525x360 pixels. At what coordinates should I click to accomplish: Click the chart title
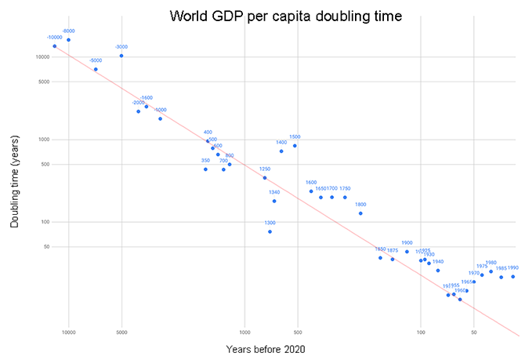tap(268, 16)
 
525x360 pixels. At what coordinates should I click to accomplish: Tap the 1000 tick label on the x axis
tap(244, 333)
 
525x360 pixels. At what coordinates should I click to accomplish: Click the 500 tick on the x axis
tap(297, 333)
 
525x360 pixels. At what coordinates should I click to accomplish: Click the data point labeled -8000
tap(68, 40)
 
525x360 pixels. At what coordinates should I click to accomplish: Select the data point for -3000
tap(121, 56)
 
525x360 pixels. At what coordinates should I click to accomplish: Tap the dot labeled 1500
tap(295, 146)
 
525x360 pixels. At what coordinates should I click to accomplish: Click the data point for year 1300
tap(270, 231)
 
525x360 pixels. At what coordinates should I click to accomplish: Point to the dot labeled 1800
tap(360, 213)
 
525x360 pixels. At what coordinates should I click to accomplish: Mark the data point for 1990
tap(513, 276)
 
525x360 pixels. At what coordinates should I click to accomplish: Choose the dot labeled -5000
tap(96, 70)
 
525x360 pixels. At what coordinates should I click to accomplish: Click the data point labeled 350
tap(205, 169)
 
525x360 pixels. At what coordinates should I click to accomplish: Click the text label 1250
tap(265, 169)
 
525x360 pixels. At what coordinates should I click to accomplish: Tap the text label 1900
tap(407, 243)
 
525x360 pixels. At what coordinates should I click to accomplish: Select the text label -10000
tap(54, 38)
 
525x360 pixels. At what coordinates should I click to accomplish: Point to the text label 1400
tap(281, 143)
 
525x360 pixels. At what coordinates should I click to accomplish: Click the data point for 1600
tap(311, 191)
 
